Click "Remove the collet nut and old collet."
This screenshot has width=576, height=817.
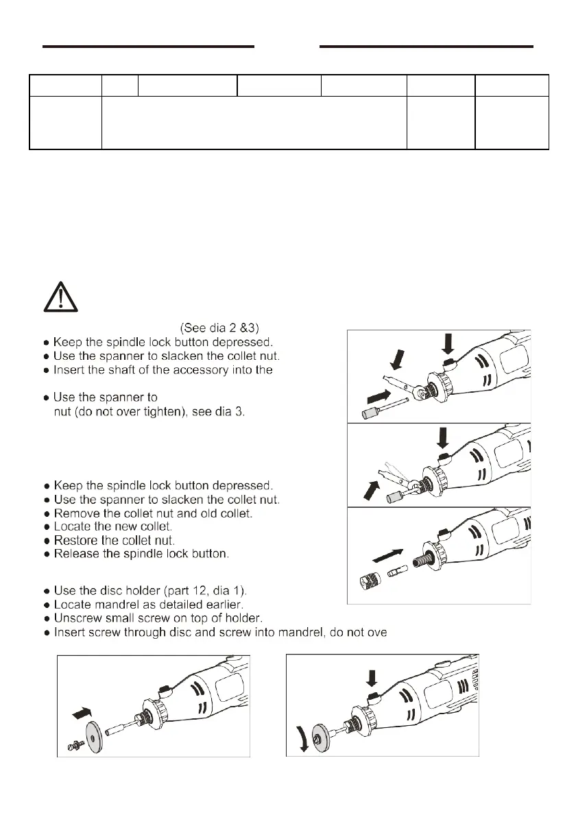click(161, 513)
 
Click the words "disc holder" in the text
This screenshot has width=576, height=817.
click(130, 592)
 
